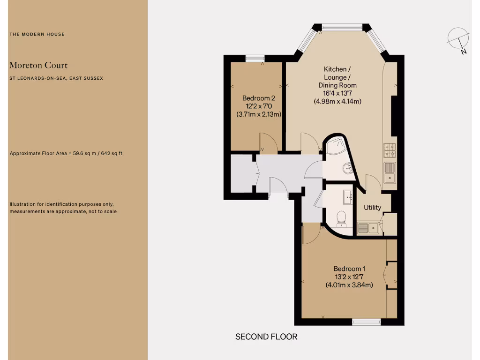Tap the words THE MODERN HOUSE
click(37, 34)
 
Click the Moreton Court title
click(38, 65)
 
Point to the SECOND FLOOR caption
click(266, 337)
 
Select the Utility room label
click(373, 208)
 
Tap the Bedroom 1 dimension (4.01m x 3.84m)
click(349, 285)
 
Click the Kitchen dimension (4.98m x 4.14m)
click(337, 101)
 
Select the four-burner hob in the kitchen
click(390, 150)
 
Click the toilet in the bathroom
click(341, 218)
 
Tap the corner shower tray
click(336, 147)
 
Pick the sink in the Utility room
click(368, 228)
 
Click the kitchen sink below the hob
click(390, 172)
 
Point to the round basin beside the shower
click(347, 167)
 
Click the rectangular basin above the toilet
click(348, 197)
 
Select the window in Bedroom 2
click(255, 58)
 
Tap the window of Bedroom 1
click(367, 322)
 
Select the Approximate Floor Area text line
click(66, 153)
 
